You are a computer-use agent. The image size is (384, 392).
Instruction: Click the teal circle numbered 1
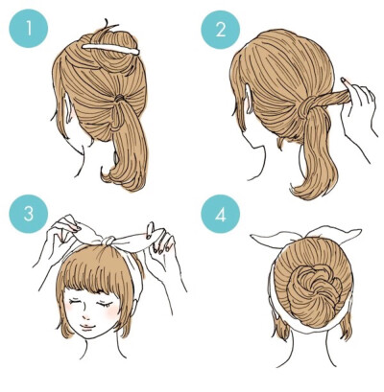[x=28, y=28]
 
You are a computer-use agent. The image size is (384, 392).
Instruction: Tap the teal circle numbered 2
[x=221, y=31]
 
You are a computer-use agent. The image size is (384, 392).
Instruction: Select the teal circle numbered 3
[x=28, y=214]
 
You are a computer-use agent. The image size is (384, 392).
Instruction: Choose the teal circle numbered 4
[x=221, y=214]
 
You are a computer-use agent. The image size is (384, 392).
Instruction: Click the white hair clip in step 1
[x=111, y=49]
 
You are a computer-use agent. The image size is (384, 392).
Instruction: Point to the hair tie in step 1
[x=119, y=97]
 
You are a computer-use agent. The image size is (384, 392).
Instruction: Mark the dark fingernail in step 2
[x=344, y=80]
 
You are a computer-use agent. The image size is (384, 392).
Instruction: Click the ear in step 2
[x=249, y=99]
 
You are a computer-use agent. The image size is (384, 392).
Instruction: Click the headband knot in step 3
[x=108, y=241]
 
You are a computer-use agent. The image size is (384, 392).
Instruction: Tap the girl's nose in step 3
[x=85, y=316]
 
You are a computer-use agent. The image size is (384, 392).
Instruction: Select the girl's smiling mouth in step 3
[x=86, y=327]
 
